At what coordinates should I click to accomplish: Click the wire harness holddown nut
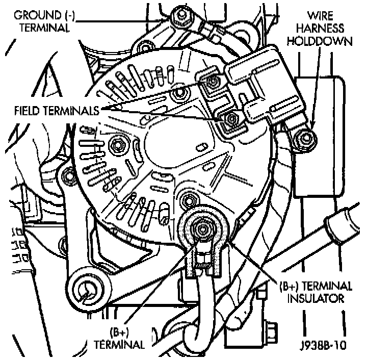[x=305, y=136]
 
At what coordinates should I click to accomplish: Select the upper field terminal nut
[x=211, y=82]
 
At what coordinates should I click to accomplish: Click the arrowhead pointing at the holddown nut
[x=311, y=128]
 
